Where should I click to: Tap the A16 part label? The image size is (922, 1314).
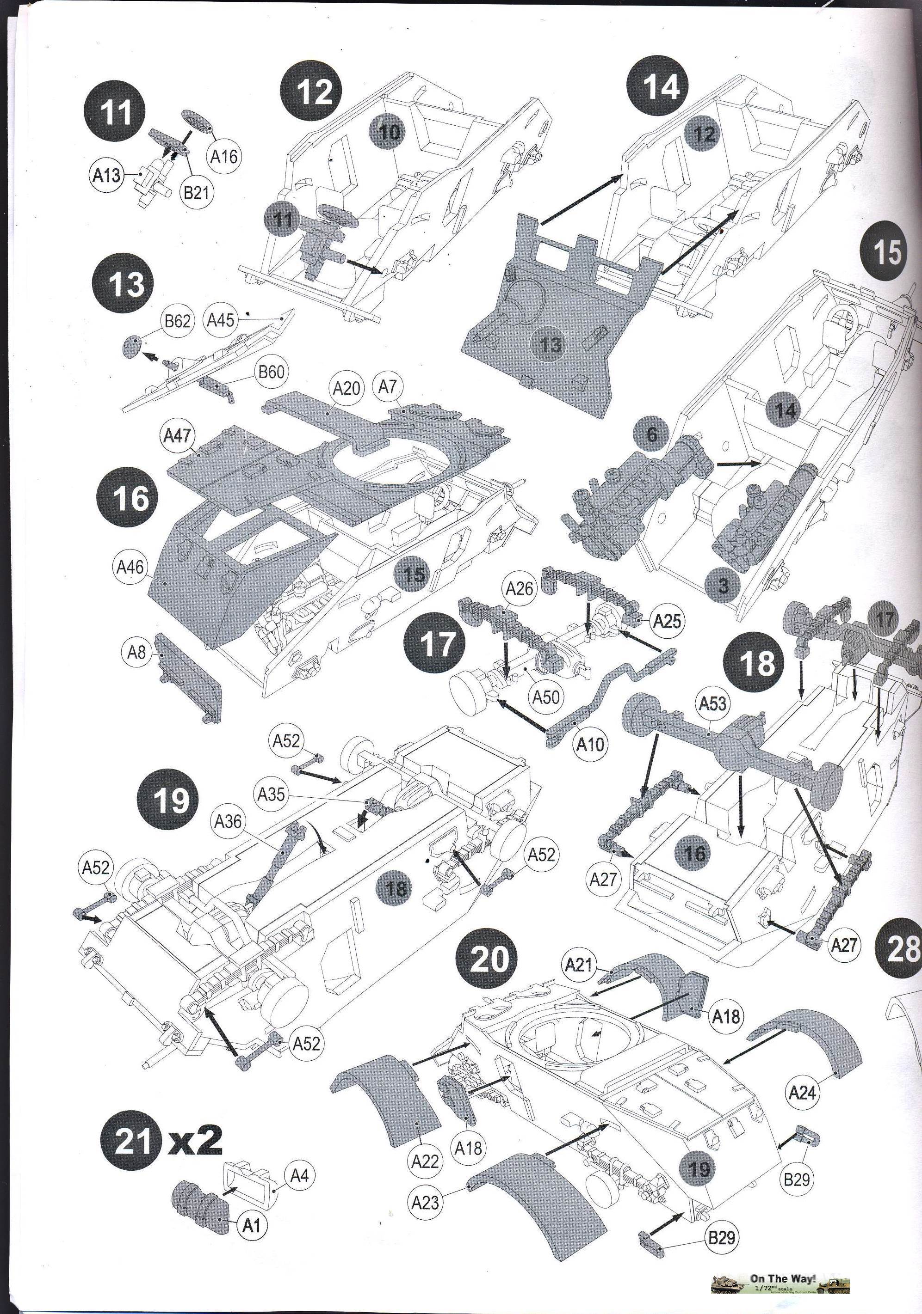tap(223, 156)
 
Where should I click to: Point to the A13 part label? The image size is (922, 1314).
tap(107, 175)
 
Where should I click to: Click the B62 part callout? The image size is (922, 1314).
tap(177, 321)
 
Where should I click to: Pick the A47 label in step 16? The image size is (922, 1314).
tap(176, 437)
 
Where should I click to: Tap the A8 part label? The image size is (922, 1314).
tap(136, 651)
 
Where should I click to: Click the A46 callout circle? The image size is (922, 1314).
tap(130, 567)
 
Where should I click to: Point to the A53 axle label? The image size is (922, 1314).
tap(712, 703)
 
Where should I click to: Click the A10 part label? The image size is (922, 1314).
tap(590, 744)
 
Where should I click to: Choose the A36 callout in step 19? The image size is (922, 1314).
tap(228, 821)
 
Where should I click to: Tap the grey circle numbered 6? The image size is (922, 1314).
tap(652, 434)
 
